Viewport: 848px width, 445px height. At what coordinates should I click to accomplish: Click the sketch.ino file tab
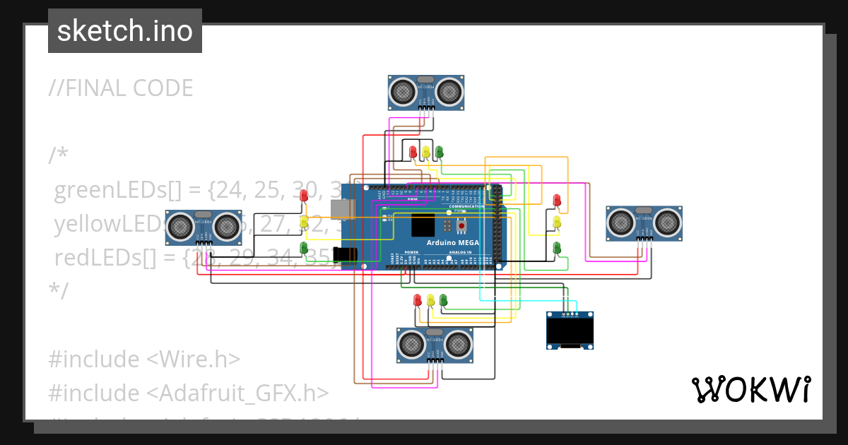(x=125, y=31)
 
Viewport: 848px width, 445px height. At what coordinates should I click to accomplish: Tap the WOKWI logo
(x=750, y=389)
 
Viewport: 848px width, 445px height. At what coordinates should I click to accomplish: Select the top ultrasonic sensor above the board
(x=426, y=92)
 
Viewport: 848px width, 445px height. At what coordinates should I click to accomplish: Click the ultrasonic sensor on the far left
(x=204, y=227)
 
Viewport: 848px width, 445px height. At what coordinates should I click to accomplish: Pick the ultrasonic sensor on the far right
(x=644, y=223)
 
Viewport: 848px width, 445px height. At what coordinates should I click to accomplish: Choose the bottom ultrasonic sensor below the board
(x=435, y=345)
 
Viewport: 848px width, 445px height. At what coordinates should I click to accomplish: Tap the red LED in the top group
(x=413, y=151)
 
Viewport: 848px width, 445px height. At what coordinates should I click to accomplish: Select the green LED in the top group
(x=439, y=151)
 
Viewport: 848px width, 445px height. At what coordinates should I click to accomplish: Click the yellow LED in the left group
(x=304, y=222)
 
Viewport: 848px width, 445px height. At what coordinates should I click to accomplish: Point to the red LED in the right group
(x=557, y=201)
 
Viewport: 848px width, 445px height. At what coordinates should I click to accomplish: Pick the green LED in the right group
(x=557, y=247)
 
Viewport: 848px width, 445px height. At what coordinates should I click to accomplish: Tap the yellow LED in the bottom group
(x=430, y=300)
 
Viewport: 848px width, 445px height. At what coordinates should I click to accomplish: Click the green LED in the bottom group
(x=443, y=300)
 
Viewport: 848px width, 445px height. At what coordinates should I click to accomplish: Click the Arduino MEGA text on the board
(x=454, y=242)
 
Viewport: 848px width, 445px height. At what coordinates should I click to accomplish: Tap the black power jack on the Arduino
(x=343, y=254)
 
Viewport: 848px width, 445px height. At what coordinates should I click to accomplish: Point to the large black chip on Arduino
(x=423, y=225)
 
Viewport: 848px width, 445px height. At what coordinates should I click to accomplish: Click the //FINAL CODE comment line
(x=121, y=88)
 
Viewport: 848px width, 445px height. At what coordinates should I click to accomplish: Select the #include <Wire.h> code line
(x=144, y=359)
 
